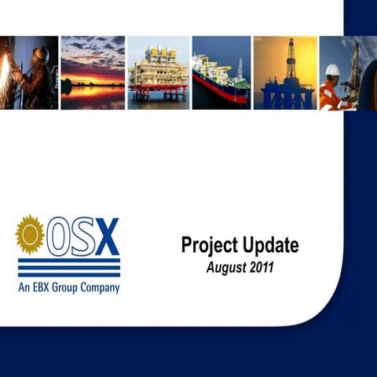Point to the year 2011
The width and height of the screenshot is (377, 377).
[x=261, y=268]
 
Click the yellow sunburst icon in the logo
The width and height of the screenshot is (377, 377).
[x=30, y=234]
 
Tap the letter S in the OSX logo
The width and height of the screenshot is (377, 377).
[x=82, y=236]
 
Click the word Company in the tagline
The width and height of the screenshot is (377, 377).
[x=101, y=288]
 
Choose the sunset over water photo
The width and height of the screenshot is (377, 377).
[x=92, y=72]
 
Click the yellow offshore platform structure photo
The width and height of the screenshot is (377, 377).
[x=157, y=72]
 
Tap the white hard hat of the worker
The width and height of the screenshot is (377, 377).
[x=332, y=70]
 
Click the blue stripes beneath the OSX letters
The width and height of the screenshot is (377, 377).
[x=69, y=268]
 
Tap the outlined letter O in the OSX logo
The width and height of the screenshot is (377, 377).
[x=58, y=236]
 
